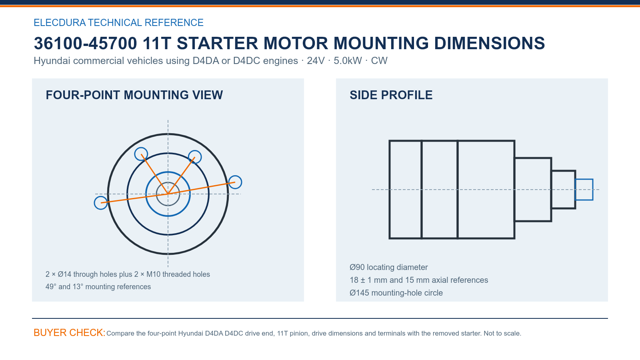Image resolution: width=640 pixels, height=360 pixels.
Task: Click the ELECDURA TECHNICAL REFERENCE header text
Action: coord(118,22)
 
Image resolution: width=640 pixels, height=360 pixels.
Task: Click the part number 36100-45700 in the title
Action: coord(86,44)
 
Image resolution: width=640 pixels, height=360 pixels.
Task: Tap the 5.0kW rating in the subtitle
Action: coord(348,61)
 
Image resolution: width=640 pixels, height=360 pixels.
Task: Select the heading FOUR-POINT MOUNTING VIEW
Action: coord(134,95)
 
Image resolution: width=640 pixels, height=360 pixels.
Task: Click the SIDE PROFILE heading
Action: coord(391,95)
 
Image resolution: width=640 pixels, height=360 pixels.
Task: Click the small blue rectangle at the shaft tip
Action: coord(584,180)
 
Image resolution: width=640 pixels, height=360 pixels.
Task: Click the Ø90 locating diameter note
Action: coord(388,268)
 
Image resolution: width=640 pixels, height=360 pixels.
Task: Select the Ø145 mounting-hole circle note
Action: coord(396,293)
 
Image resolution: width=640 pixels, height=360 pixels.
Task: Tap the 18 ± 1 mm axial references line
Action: coord(419,280)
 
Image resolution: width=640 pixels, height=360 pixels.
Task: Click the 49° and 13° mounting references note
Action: coord(98,286)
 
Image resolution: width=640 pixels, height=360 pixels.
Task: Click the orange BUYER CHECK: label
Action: coord(70,333)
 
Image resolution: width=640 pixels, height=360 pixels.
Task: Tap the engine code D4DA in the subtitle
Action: coord(206,61)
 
